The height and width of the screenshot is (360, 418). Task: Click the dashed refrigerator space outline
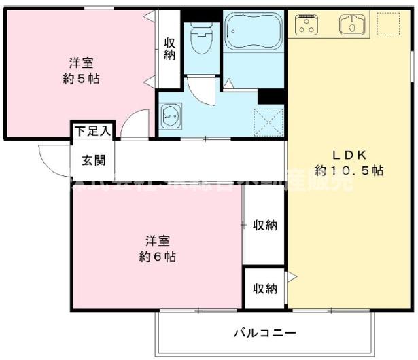[x=388, y=24]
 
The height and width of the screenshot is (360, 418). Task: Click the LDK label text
[x=349, y=153]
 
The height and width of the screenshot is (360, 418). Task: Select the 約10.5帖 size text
[x=349, y=170]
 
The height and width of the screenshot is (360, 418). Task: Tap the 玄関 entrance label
[x=93, y=161]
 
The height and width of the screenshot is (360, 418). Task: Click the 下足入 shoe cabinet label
[x=93, y=130]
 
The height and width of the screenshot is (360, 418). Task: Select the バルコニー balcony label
[x=265, y=334]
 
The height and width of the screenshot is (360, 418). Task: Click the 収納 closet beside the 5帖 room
[x=169, y=48]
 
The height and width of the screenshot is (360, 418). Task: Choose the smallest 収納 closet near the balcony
[x=265, y=289]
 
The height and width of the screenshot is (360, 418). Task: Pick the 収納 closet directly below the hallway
[x=265, y=226]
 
